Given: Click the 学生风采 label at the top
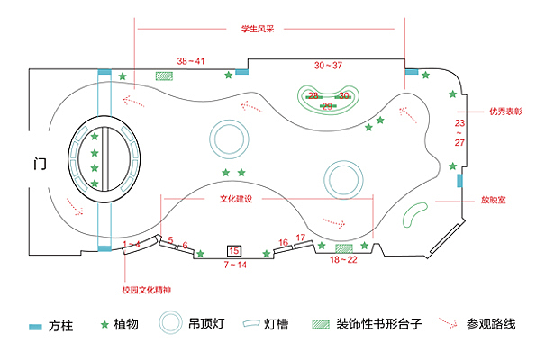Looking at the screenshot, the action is (258, 29).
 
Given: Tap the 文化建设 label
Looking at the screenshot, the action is (236, 199).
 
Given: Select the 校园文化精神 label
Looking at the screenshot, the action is (147, 290).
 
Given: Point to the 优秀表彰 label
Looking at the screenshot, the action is (505, 112).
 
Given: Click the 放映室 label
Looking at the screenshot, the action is (494, 200).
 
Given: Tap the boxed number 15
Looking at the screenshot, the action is (234, 251).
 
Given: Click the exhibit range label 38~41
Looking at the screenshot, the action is (191, 61).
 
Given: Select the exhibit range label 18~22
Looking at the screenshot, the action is (343, 259).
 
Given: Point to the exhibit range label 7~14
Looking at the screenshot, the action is (235, 265).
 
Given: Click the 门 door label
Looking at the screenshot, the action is (40, 164).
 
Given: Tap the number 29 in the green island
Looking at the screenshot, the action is (327, 106).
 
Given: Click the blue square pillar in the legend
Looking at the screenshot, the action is (35, 327).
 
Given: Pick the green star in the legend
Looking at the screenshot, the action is (104, 324).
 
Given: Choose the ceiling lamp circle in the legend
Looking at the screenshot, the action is (170, 311).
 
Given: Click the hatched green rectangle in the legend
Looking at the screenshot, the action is (321, 324).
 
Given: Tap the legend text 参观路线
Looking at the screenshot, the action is (491, 324).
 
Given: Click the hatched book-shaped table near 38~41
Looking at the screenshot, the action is (164, 76).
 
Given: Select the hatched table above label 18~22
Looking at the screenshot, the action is (344, 248).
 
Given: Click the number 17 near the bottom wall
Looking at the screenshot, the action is (301, 238).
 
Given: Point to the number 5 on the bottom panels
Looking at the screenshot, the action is (170, 240).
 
